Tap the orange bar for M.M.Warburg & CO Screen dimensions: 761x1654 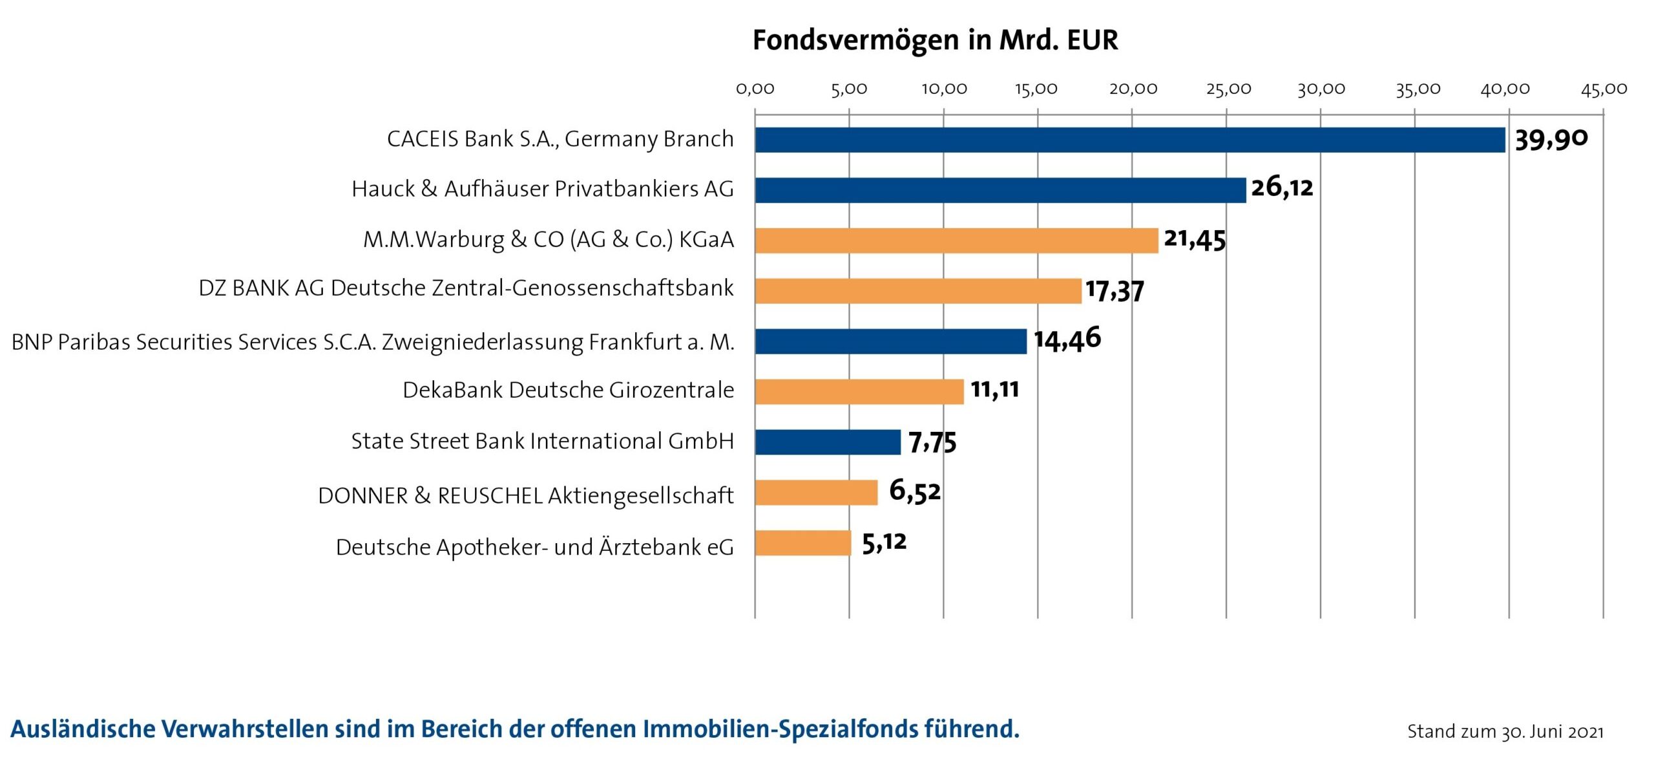956,241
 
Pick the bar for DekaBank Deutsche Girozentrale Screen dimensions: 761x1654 859,392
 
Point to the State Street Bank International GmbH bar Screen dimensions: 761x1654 828,442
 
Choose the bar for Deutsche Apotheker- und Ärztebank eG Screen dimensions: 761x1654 803,543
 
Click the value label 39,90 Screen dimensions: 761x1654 1551,139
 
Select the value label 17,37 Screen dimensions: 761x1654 1115,290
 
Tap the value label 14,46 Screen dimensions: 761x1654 1067,339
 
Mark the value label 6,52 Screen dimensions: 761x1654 915,491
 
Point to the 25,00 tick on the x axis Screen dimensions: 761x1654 1228,89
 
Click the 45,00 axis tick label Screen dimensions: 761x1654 1604,89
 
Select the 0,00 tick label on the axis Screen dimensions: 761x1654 755,89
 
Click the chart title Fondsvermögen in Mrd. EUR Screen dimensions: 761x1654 935,40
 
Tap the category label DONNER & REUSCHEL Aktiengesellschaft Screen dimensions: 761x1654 526,496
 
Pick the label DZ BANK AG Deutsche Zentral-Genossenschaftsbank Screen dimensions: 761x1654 466,288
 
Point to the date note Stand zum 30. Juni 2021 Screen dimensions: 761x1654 1505,731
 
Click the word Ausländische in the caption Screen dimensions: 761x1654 83,729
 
